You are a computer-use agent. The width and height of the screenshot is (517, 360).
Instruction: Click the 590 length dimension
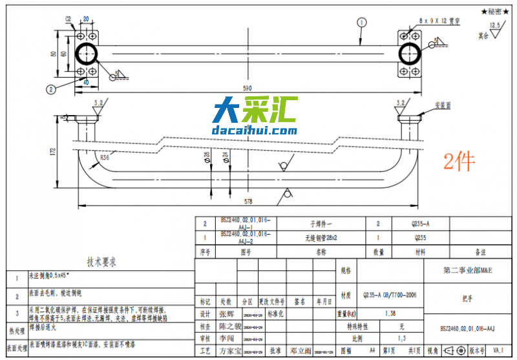coord(247,87)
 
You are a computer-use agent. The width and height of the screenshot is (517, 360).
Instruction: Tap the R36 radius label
coord(105,157)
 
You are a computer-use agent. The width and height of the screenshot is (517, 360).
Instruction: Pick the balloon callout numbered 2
coord(51,89)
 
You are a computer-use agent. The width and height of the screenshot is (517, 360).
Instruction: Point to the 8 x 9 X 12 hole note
coord(439,21)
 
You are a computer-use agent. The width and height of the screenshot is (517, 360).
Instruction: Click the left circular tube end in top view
coord(88,54)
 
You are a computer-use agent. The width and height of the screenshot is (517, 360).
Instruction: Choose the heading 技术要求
coord(101,262)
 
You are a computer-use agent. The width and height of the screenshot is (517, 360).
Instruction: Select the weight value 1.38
coord(390,313)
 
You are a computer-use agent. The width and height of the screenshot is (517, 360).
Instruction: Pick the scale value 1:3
coord(401,338)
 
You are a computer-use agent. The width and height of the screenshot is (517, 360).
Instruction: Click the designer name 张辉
coord(227,314)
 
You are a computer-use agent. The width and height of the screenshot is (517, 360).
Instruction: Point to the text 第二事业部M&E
coord(467,270)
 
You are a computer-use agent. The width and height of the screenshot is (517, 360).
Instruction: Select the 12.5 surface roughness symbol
coord(496,26)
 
